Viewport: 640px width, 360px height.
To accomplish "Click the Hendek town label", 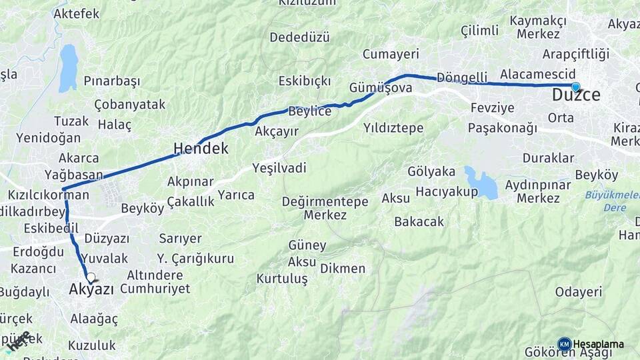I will point(201,148).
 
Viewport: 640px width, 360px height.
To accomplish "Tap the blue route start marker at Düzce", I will point(575,86).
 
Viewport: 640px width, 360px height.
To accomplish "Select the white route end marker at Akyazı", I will point(90,277).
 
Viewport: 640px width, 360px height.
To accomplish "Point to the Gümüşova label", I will point(381,87).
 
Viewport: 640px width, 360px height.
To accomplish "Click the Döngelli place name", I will point(462,76).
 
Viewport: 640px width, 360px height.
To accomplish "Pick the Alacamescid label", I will point(536,74).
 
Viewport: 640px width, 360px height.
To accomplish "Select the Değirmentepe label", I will point(325,201).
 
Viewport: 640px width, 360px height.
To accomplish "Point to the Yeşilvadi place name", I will point(279,167).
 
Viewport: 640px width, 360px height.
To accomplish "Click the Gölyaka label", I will point(431,171).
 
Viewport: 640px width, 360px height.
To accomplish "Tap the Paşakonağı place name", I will point(503,127).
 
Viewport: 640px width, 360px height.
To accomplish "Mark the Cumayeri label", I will point(391,54).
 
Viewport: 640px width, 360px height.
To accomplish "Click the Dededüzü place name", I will point(299,37).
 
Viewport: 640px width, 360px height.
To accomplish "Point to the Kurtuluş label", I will point(282,278).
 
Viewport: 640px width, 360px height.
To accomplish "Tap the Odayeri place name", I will point(579,291).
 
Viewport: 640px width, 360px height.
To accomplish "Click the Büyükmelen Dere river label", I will point(611,201).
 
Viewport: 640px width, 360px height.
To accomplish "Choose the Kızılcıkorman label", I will point(49,195).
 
